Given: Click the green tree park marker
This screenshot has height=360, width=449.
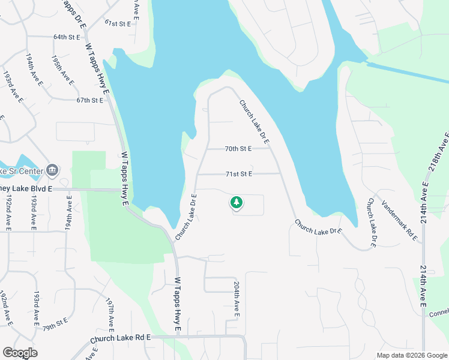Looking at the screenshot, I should pos(237,203).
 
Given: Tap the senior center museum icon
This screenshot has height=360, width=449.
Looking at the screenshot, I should pos(52,170).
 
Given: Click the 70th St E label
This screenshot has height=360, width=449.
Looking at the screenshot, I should pos(238,148).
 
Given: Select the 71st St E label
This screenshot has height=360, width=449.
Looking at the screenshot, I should pos(238,174).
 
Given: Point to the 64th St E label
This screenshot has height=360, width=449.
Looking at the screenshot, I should pos(67,37).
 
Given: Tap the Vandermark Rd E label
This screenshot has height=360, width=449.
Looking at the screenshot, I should pos(399,220).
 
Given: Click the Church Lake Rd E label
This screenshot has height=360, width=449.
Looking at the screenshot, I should pos(120,339).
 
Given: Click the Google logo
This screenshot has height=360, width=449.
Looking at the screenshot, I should pos(20,353).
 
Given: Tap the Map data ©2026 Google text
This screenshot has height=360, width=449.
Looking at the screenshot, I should pos(412,355).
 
